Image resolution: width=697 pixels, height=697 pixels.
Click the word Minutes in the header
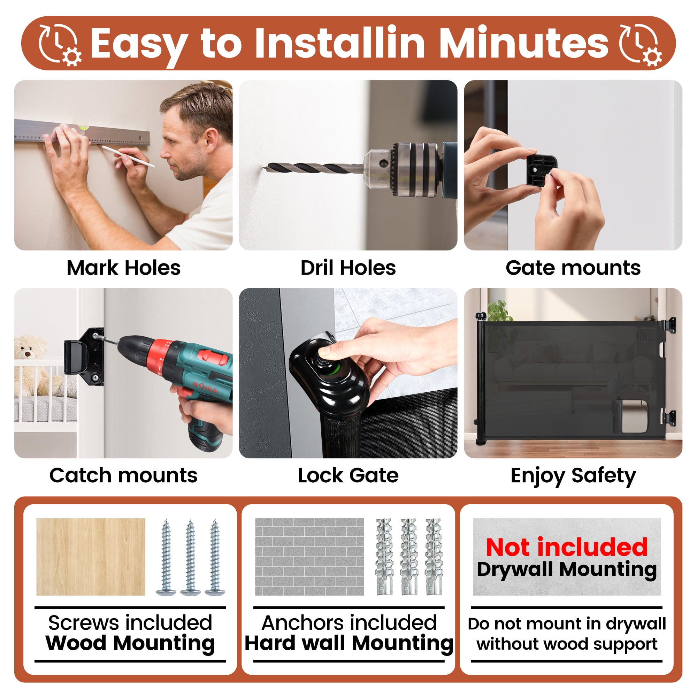(x=523, y=43)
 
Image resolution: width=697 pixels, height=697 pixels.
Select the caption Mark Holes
(x=123, y=268)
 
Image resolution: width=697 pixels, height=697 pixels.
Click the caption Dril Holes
(x=348, y=268)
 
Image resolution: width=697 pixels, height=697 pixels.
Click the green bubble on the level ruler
(x=83, y=127)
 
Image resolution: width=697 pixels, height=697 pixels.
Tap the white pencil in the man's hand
(x=128, y=156)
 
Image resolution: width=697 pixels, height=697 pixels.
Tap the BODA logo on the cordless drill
(x=205, y=387)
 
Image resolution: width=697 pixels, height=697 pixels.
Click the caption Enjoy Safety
(x=573, y=476)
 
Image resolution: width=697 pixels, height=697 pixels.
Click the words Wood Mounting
(x=130, y=643)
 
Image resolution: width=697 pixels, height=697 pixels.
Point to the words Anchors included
(x=349, y=623)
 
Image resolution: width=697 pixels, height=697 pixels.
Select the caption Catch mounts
(x=123, y=475)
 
